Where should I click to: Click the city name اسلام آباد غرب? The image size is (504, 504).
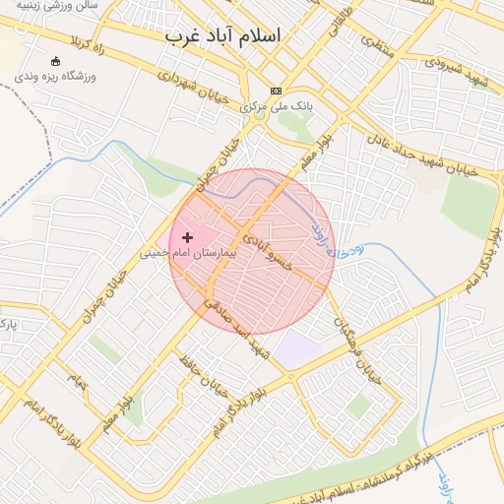(222, 35)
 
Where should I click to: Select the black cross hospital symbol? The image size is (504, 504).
(187, 237)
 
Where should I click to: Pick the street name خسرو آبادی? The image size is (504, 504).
(269, 251)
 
